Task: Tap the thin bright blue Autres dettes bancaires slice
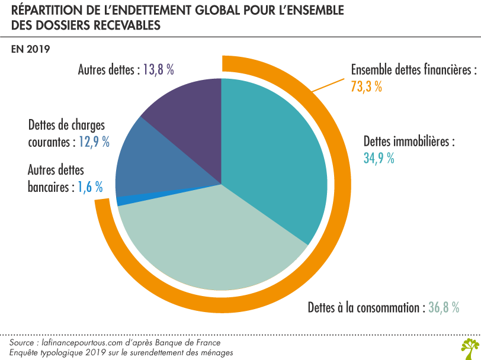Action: pyautogui.click(x=120, y=201)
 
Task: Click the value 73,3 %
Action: pyautogui.click(x=367, y=86)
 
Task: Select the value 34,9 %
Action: pyautogui.click(x=379, y=159)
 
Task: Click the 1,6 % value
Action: pyautogui.click(x=90, y=188)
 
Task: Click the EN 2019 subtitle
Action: pyautogui.click(x=30, y=49)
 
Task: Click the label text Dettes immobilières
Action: pyautogui.click(x=409, y=142)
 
